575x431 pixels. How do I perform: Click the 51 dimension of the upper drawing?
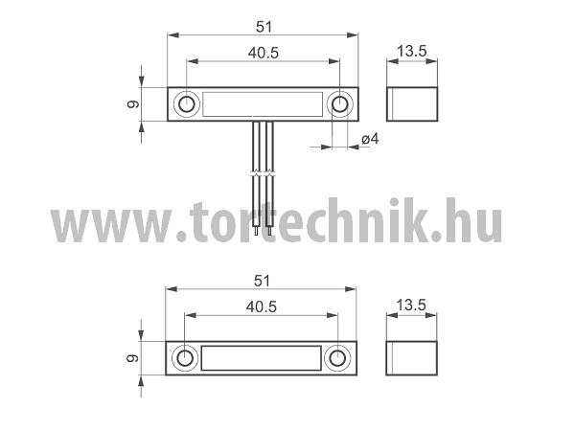point(264,27)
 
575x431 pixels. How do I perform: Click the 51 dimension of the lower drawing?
point(262,281)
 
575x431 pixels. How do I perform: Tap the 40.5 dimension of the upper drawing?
point(264,53)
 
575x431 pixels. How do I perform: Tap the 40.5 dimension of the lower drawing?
point(261,307)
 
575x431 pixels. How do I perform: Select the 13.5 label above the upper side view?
point(412,51)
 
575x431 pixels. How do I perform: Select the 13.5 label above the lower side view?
point(411,305)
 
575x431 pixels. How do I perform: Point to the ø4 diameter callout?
point(370,139)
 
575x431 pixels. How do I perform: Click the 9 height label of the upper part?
point(133,104)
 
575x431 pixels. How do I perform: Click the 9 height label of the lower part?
point(132,358)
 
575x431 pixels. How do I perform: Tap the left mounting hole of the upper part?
point(187,104)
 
